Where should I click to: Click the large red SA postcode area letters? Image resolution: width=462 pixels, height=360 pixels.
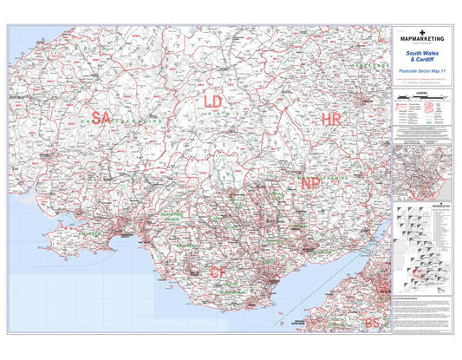[x=101, y=118]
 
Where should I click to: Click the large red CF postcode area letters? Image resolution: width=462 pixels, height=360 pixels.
[x=219, y=272]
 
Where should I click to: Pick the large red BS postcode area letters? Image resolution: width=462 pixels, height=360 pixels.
[x=372, y=323]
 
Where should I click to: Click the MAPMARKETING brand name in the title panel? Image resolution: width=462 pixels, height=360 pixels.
[x=420, y=39]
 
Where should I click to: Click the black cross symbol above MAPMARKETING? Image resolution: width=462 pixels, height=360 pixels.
[x=420, y=30]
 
